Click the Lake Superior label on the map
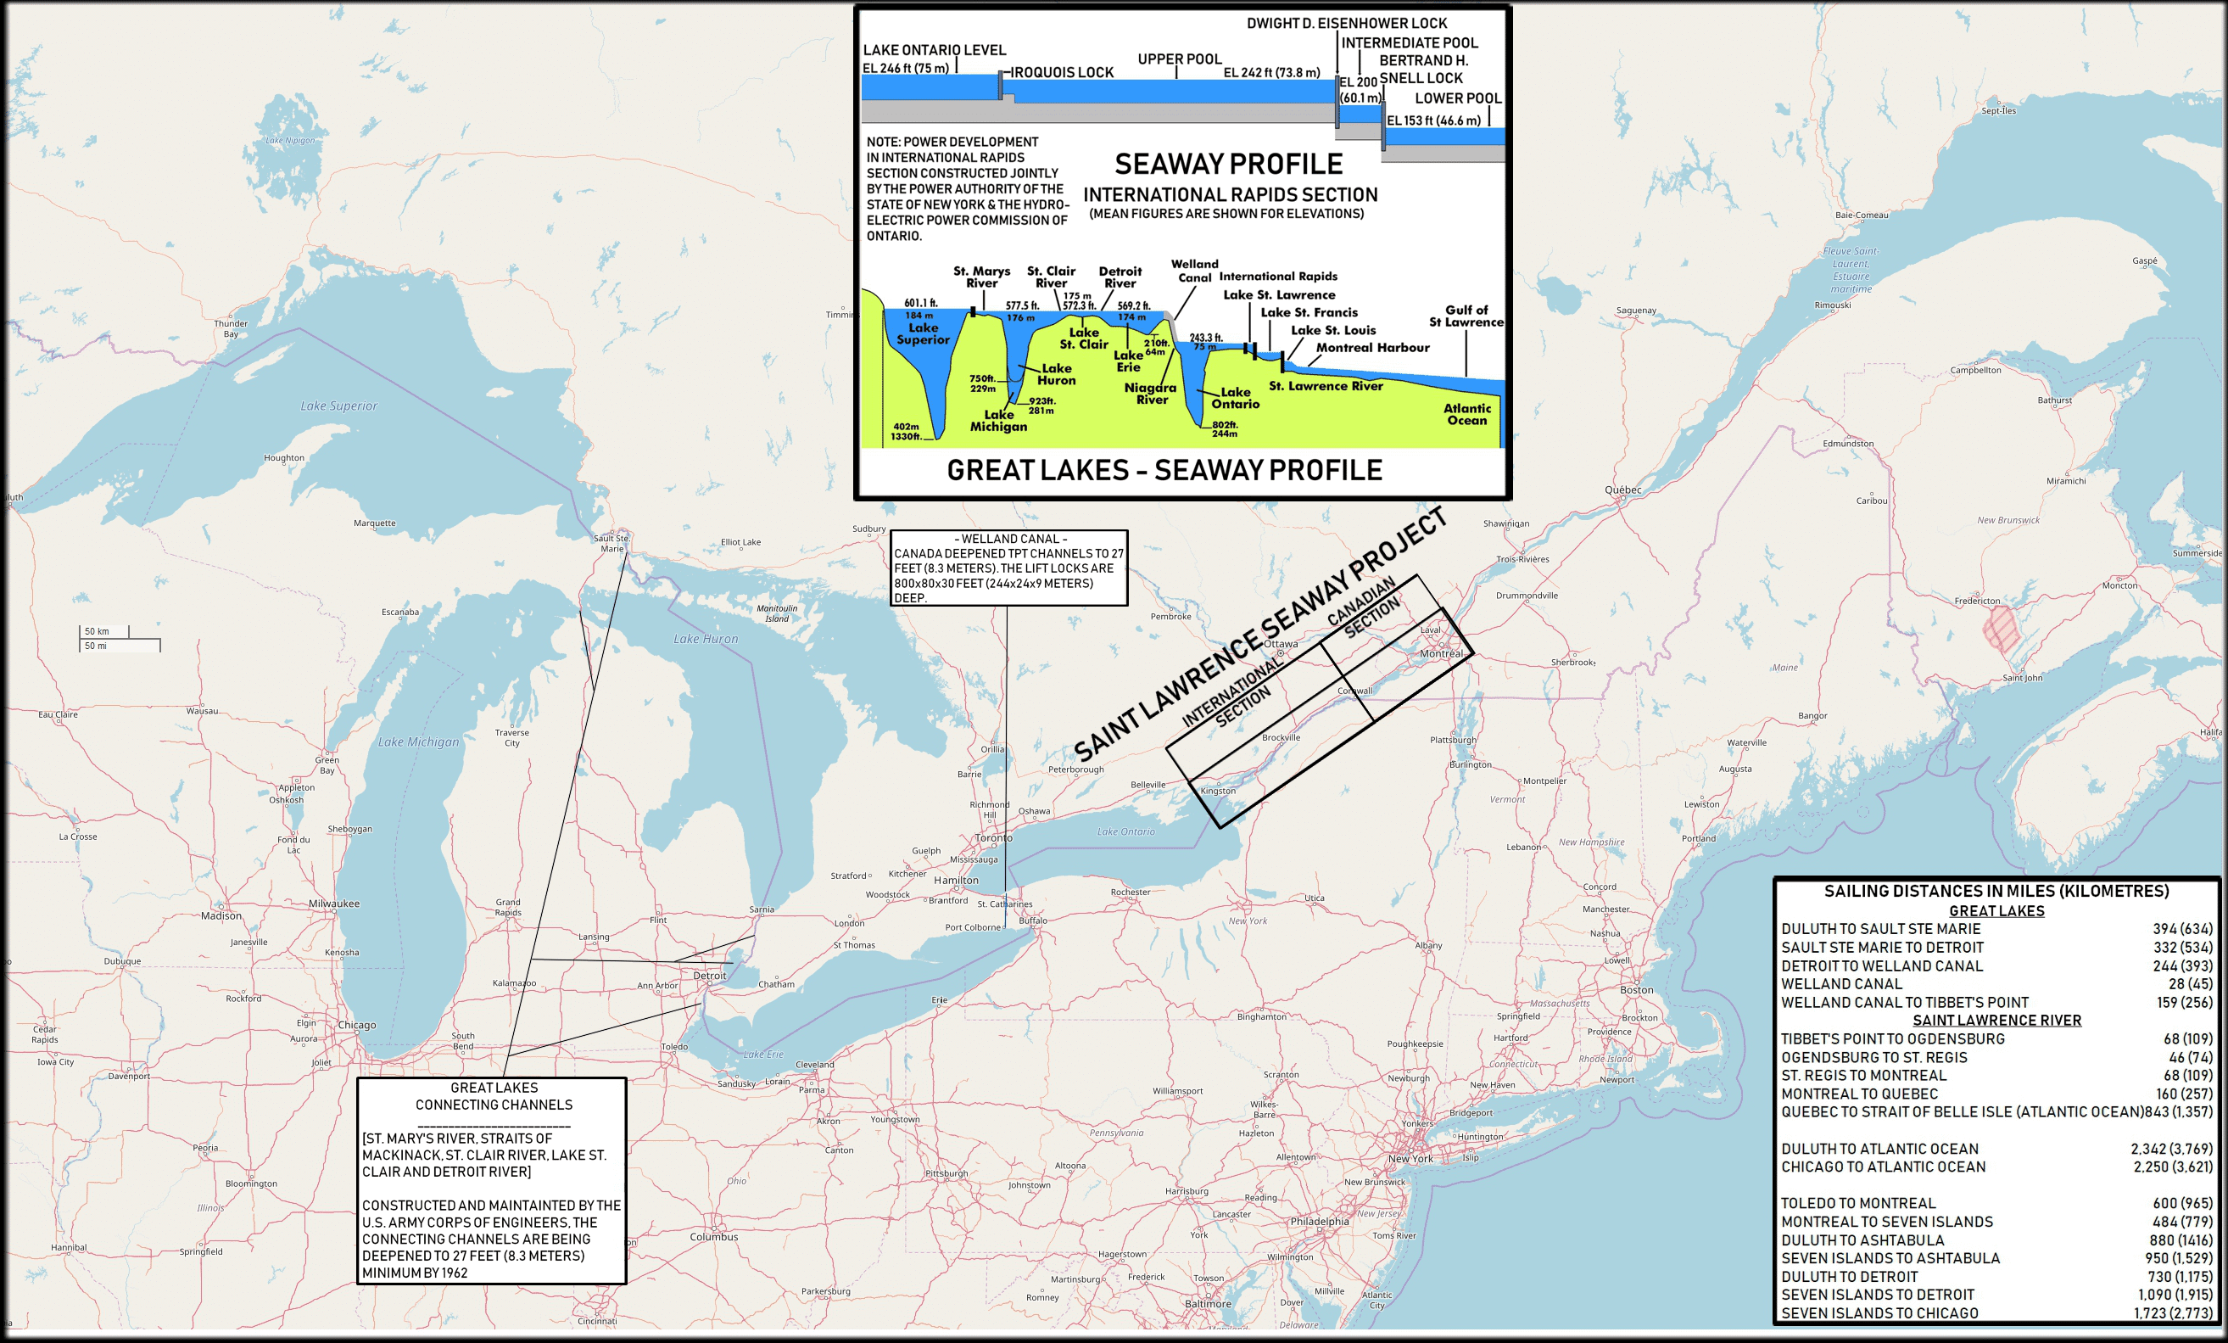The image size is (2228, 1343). coord(338,406)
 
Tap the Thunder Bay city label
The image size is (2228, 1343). coord(231,328)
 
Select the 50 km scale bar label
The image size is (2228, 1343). coord(97,631)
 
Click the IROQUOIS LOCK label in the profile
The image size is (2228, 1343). coord(1062,72)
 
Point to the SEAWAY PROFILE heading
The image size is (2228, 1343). coord(1228,165)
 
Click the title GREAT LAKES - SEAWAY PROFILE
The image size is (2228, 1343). coord(1164,470)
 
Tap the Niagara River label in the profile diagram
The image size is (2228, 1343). coord(1150,394)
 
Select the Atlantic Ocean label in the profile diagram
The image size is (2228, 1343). coord(1466,414)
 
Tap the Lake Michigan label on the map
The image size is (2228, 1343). coord(419,742)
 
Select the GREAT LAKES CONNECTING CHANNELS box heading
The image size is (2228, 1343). coord(494,1096)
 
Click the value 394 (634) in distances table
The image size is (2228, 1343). coord(2182,929)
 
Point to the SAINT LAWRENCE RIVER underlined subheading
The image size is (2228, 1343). coord(1996,1020)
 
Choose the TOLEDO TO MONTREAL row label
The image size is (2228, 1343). coord(1857,1203)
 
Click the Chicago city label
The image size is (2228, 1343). coord(357,1025)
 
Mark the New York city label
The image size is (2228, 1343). coord(1410,1159)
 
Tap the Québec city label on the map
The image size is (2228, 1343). coord(1622,490)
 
